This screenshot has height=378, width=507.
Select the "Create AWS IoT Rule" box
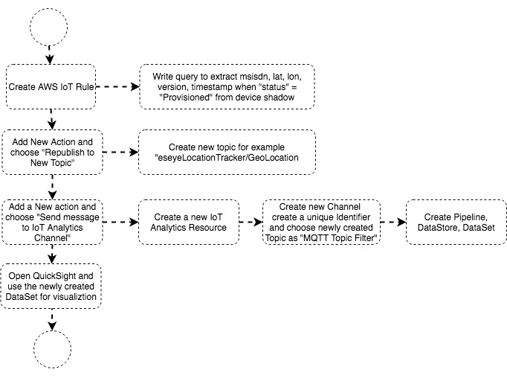coord(51,87)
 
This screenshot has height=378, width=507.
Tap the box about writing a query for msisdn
coord(227,87)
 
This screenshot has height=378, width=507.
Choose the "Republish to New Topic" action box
coord(52,152)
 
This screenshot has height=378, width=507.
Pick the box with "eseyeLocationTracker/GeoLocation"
coord(227,152)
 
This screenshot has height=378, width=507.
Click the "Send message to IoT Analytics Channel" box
coord(52,222)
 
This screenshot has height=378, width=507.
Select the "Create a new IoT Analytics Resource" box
coord(189,222)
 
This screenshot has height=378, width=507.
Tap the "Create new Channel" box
coord(321,222)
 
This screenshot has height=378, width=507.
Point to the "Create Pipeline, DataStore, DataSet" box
coord(456,222)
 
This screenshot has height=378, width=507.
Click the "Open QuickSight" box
coord(51,286)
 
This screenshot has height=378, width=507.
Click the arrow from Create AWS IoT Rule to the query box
coord(117,87)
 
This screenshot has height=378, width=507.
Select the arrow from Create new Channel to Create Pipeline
coord(393,222)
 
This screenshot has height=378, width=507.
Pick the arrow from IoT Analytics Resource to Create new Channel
coord(251,222)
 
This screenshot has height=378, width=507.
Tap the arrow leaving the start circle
coord(49,55)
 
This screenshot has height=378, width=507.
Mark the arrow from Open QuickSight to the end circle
coord(52,319)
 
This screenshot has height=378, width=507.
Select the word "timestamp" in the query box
coord(212,87)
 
